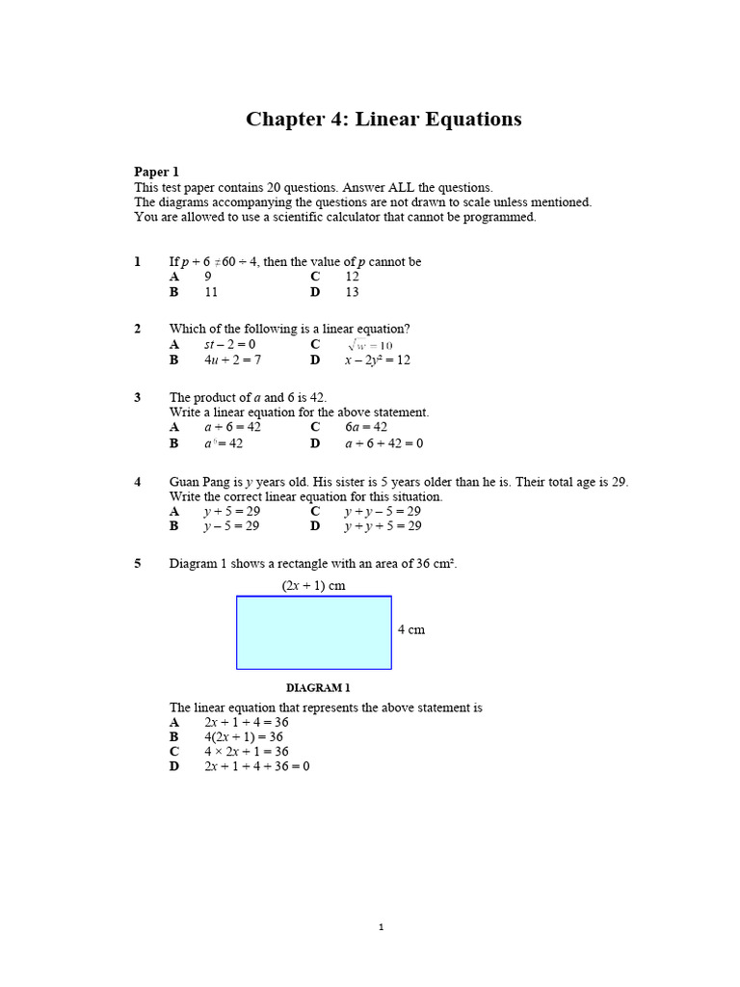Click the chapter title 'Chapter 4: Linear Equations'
click(x=383, y=119)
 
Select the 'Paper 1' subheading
click(x=156, y=172)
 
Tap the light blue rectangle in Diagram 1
click(x=314, y=632)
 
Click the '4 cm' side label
click(x=410, y=629)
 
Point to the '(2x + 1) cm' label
click(x=313, y=585)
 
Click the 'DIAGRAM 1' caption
click(x=318, y=688)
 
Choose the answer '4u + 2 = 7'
click(x=232, y=360)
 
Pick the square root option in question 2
click(x=370, y=345)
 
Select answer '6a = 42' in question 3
click(x=366, y=427)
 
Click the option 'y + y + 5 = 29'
click(x=383, y=526)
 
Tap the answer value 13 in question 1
click(x=352, y=291)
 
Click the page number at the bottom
click(x=382, y=927)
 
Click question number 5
click(x=138, y=564)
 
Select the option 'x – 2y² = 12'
click(x=378, y=360)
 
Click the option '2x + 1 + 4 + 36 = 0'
click(x=256, y=766)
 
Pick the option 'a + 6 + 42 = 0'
click(x=383, y=443)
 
